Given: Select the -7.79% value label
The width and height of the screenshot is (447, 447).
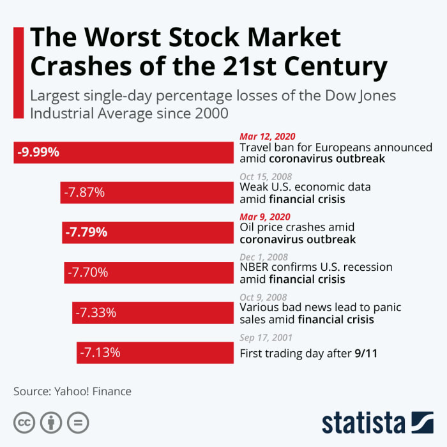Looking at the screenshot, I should tap(86, 232).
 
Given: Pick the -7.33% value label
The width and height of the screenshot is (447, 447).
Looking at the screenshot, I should tap(96, 313).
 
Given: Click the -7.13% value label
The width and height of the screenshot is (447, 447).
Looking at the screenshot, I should tap(100, 352).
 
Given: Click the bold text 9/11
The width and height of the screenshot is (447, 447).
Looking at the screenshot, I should tap(366, 353).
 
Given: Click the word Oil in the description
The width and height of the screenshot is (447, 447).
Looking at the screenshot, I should tap(248, 227).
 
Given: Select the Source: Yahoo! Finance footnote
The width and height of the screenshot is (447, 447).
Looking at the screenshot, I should tap(72, 391).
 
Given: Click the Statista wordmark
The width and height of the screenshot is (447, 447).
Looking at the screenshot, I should tap(364, 423).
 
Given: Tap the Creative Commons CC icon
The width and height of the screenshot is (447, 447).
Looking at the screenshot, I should tap(24, 422).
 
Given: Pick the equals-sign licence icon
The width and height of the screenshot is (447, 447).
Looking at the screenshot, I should tap(78, 422).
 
